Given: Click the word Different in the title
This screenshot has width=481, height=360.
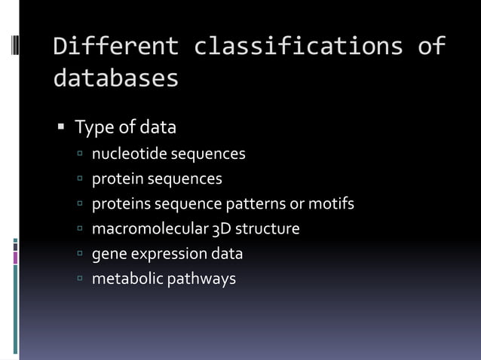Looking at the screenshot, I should point(116,46).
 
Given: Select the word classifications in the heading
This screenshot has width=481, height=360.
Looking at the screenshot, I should point(298,46).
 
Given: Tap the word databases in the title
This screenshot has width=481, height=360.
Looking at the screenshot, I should point(116,78).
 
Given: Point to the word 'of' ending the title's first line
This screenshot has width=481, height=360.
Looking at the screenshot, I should point(431,46).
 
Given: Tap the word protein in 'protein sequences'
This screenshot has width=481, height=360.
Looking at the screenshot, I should point(117,179).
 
